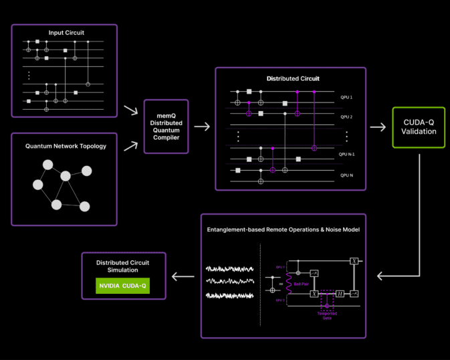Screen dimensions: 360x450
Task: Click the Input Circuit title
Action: pos(65,32)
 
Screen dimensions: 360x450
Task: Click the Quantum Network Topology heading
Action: pos(65,146)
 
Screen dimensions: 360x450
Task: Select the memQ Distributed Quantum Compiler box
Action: pos(166,126)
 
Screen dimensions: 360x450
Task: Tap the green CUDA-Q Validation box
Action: pos(419,127)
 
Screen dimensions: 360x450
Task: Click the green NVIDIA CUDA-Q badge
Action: pos(122,286)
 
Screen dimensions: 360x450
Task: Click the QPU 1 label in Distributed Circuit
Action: pos(346,98)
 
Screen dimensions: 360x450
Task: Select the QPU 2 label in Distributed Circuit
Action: pos(346,117)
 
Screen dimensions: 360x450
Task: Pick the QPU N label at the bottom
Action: pos(346,175)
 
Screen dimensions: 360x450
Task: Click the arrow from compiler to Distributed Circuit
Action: pos(202,126)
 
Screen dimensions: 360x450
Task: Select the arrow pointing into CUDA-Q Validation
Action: pos(378,127)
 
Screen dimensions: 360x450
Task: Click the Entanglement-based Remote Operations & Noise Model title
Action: pos(284,229)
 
